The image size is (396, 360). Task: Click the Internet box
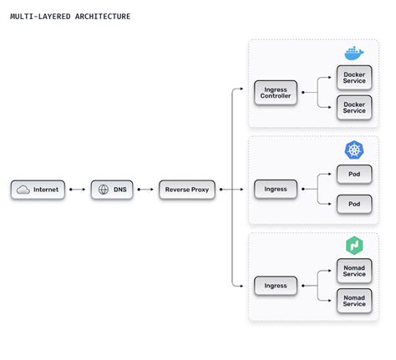coord(38,190)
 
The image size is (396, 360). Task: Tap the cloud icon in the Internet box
coord(23,190)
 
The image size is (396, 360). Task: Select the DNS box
coord(112,190)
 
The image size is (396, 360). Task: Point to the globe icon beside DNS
coord(103,190)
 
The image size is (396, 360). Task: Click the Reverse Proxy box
coord(187,190)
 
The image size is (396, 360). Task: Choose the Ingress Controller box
coord(275,92)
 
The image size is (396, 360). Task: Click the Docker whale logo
coord(353,53)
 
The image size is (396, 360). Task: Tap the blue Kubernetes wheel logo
coord(353,150)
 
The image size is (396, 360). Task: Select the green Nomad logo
coord(354,246)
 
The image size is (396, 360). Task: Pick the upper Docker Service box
coord(354,78)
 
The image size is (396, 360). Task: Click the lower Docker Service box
coord(354,106)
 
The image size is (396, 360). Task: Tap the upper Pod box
coord(354,175)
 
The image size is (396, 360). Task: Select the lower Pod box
coord(354,203)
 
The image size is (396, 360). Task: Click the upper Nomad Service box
coord(354,271)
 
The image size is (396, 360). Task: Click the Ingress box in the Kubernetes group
coord(275,190)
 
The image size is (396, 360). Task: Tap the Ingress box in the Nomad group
coord(275,286)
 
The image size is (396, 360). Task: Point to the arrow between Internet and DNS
coord(77,190)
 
